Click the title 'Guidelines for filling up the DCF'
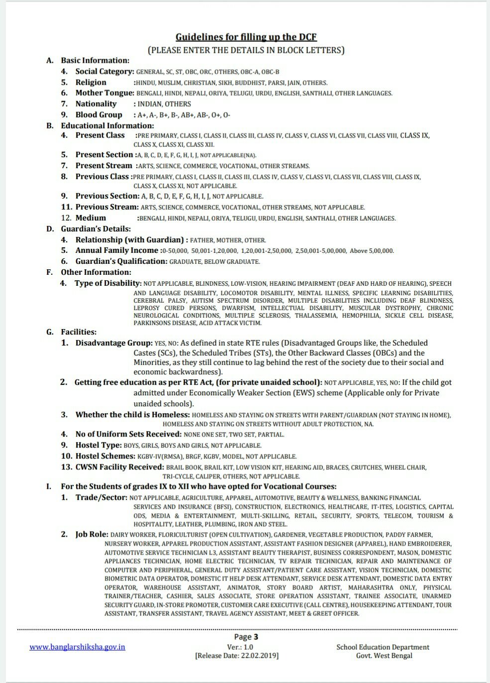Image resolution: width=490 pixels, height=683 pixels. point(246,37)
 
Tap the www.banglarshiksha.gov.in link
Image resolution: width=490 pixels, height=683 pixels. point(77,647)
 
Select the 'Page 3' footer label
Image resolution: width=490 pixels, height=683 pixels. point(246,637)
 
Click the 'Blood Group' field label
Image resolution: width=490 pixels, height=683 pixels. point(98,115)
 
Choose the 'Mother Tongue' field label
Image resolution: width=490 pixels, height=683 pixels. point(104,93)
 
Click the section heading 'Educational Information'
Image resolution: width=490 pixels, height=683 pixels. point(107,125)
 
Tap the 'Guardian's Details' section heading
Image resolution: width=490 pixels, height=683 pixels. point(96,229)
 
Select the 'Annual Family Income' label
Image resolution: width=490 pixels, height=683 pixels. point(116,250)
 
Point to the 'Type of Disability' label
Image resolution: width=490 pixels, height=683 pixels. point(108,283)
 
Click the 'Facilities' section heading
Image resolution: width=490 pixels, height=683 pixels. point(79,332)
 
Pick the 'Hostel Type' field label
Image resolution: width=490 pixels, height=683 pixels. point(98,445)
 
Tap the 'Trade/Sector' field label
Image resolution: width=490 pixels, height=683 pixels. point(101,497)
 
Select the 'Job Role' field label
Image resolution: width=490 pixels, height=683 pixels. point(92,534)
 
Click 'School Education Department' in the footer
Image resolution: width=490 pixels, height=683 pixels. point(383,647)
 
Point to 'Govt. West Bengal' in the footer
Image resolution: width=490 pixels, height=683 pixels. point(384,656)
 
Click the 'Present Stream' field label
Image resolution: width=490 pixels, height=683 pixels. point(103,166)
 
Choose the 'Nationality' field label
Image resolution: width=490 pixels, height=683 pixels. point(96,104)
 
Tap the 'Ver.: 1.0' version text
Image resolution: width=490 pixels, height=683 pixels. point(240,647)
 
